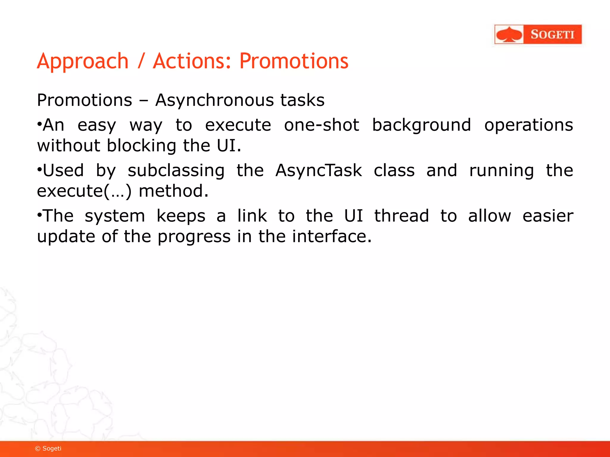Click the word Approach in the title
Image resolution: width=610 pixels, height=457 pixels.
(83, 62)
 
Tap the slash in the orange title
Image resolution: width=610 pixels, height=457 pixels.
(141, 62)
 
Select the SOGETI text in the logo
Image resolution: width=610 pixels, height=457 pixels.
(552, 35)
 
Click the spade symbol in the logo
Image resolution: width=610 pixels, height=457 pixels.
(509, 35)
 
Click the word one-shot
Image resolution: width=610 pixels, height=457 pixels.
(321, 125)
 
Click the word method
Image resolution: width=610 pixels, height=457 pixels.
(173, 191)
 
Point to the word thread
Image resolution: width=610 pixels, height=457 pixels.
(402, 216)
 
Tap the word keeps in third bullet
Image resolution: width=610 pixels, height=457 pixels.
(181, 216)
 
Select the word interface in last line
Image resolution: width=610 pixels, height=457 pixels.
(332, 237)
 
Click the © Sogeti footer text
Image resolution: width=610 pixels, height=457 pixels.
(48, 448)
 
